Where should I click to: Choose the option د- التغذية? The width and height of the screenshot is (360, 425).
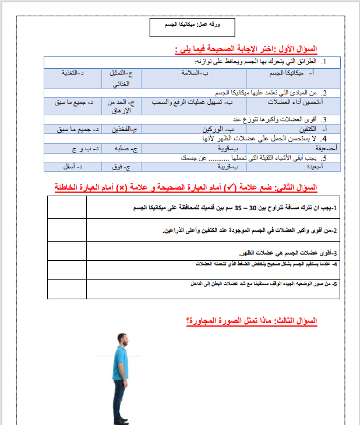coord(75,73)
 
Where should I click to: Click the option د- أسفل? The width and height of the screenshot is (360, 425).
coord(75,167)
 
